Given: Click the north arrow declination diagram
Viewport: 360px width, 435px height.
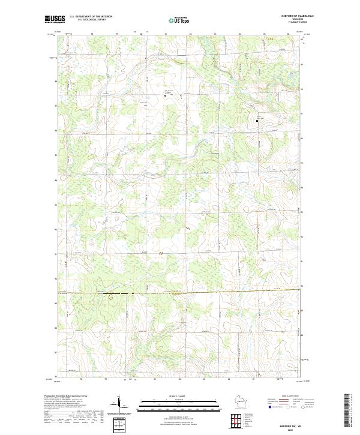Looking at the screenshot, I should click(120, 403).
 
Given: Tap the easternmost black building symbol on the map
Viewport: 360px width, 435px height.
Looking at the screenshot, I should click(258, 121).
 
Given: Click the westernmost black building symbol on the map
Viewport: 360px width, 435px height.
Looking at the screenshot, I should click(145, 104).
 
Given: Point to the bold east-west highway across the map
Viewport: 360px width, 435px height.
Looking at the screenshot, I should click(180, 292).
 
